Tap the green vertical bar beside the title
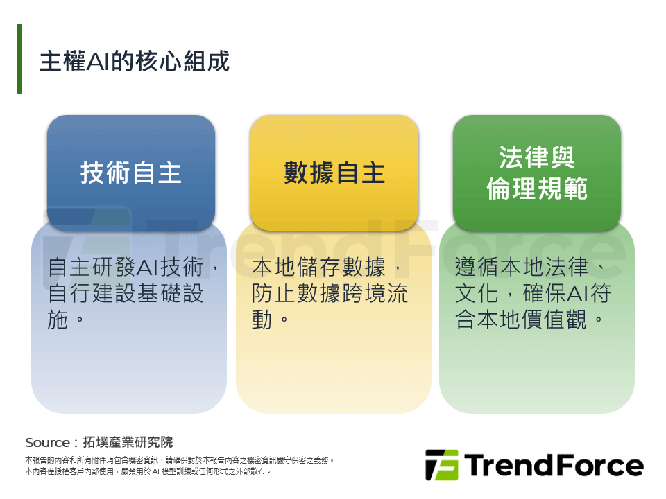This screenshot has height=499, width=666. pyautogui.click(x=19, y=59)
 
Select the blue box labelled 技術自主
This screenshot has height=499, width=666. pyautogui.click(x=131, y=172)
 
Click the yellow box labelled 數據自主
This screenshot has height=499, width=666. pyautogui.click(x=334, y=172)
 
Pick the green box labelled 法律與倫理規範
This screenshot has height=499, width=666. pyautogui.click(x=537, y=172)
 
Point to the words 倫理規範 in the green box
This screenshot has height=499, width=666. pyautogui.click(x=537, y=189)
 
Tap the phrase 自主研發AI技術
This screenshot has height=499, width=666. pyautogui.click(x=128, y=268)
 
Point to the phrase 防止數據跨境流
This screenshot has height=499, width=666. pyautogui.click(x=330, y=294)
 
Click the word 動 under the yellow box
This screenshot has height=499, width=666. pyautogui.click(x=262, y=319)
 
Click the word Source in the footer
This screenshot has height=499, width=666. pyautogui.click(x=46, y=442)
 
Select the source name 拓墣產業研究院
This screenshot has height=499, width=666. pyautogui.click(x=128, y=442)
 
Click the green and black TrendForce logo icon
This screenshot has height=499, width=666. pyautogui.click(x=441, y=465)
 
